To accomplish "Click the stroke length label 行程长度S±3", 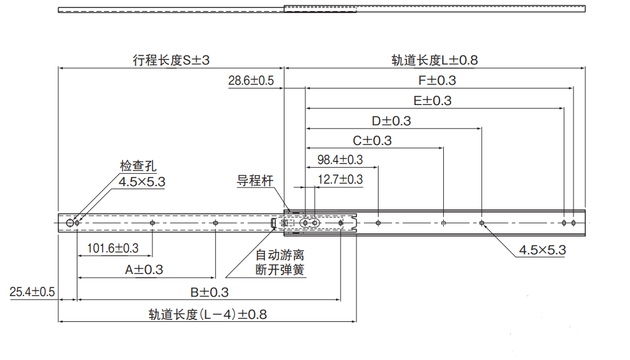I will coord(171,60).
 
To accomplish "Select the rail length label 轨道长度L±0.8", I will coord(435,60).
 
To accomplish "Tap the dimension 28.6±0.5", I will coord(251,80).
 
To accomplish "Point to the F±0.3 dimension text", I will coord(437,80).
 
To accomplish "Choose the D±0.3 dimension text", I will coord(392,121).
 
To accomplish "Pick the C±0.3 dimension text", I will coord(372,141).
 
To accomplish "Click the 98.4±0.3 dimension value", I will coord(340,160).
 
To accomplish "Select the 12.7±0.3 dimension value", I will coord(340,179).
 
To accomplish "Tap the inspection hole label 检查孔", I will coord(138,166).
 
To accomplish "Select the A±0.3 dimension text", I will coord(144,269).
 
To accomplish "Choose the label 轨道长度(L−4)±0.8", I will coord(208,315).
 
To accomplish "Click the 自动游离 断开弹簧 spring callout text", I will coord(280,262).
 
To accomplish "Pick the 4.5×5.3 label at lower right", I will coord(542,250).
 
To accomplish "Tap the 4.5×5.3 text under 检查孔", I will coord(142,182).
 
